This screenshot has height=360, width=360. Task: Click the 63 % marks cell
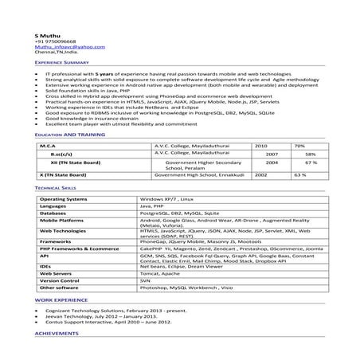tap(300, 174)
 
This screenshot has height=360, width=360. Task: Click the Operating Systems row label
tap(65, 198)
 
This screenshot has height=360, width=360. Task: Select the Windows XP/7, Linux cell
tap(167, 198)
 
